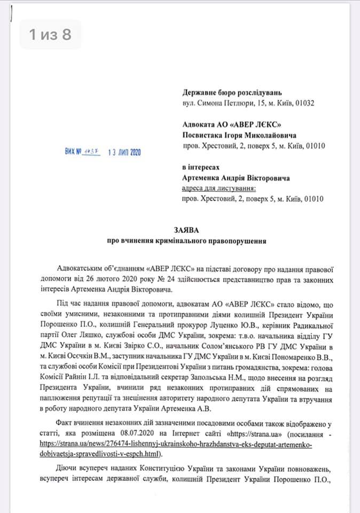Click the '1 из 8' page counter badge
coord(50,35)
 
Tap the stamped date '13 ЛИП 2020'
coord(124,152)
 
